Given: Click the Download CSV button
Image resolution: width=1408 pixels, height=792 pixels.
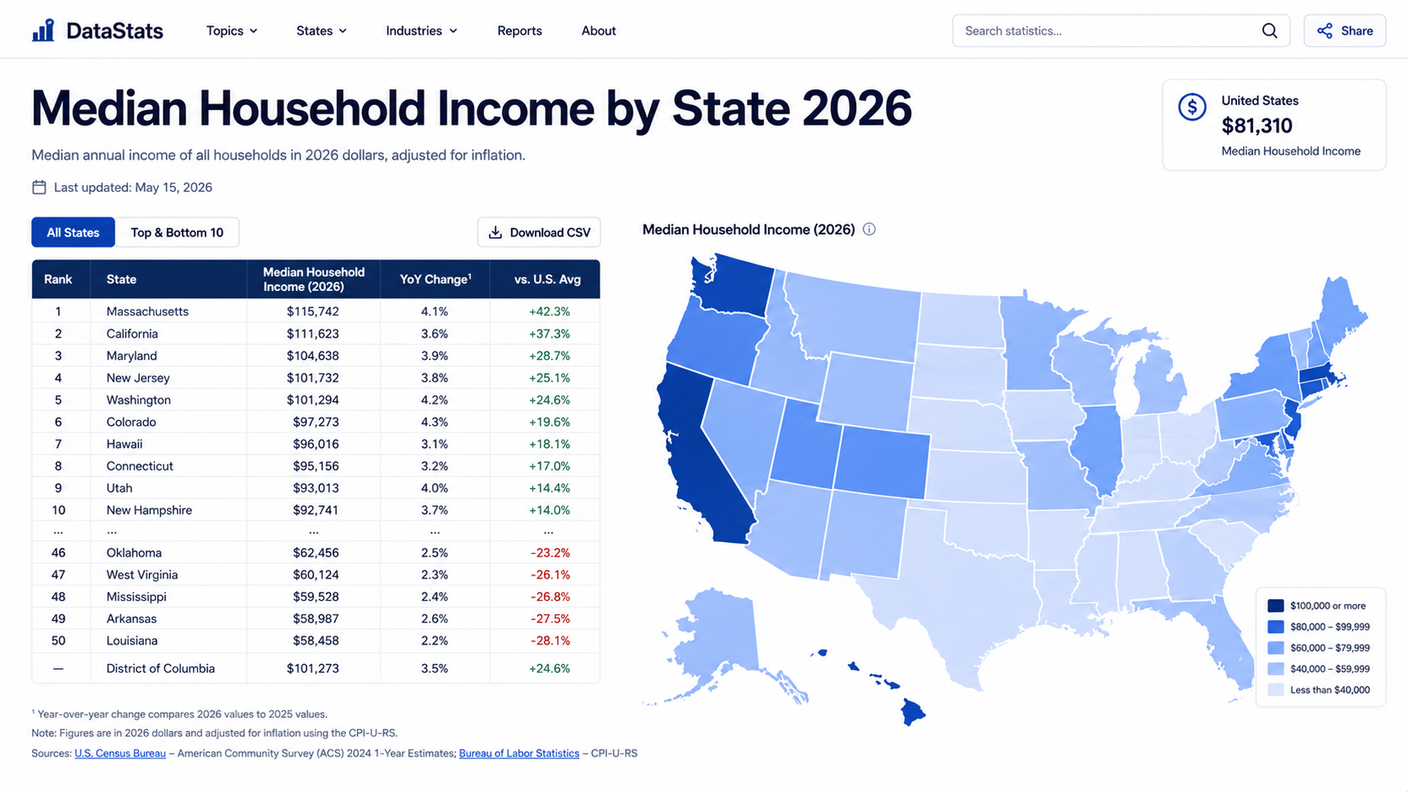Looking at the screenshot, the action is coord(539,232).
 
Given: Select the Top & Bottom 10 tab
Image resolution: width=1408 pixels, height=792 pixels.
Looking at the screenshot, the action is coord(177,232).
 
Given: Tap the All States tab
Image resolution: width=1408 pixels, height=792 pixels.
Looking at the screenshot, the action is coord(73,232).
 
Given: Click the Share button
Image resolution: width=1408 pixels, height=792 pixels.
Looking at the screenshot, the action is coord(1345,31).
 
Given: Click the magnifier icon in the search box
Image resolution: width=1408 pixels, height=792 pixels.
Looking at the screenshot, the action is coord(1269,31).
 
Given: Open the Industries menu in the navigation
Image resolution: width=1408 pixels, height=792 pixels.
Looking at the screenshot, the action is coord(421,31).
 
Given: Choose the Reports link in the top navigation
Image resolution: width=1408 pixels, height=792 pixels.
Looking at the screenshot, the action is coord(520,31).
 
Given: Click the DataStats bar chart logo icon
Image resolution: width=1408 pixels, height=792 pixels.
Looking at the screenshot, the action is coord(44,30).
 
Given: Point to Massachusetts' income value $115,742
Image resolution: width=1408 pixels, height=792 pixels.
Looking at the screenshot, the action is coord(313,311).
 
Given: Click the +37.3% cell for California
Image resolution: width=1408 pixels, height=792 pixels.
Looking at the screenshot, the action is coord(549,333).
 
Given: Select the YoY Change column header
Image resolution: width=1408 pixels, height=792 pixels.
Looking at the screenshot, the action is coord(435,279).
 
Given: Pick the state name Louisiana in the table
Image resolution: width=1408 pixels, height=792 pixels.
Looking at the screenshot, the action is coord(132,641).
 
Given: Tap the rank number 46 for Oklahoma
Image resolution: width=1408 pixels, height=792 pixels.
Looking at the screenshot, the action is coord(58,553).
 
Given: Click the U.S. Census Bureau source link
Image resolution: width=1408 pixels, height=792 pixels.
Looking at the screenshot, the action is coord(120,753).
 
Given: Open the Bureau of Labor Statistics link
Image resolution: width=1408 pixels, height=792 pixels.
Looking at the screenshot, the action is coord(520,753).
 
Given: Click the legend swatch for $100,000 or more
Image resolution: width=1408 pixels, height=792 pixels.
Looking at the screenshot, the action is coord(1276,605).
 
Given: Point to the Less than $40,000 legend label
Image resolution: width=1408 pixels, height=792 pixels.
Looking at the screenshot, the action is coord(1330,689).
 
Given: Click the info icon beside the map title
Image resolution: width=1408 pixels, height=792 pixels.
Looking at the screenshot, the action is coord(869,229).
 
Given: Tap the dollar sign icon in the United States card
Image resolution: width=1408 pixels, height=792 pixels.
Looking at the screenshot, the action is coord(1192,107).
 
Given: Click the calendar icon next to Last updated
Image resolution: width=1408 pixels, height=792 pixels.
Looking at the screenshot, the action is coord(39,187).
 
